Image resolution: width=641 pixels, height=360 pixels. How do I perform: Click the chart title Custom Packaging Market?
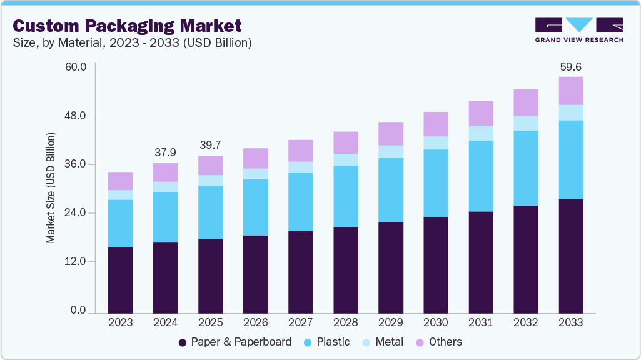click(127, 26)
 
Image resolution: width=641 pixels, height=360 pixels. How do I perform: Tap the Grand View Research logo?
click(578, 30)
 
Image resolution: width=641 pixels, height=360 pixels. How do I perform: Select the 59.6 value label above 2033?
click(570, 66)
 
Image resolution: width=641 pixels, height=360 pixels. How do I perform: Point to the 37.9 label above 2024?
click(165, 153)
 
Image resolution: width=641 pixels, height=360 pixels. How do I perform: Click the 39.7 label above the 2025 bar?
click(210, 146)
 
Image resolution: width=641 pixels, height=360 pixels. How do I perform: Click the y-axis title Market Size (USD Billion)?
click(51, 188)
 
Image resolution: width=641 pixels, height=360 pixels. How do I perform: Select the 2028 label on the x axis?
click(345, 322)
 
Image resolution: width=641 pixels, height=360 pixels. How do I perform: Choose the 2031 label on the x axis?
click(480, 322)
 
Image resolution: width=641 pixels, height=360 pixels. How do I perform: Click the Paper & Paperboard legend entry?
click(235, 342)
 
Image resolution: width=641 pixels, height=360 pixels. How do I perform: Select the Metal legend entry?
click(383, 342)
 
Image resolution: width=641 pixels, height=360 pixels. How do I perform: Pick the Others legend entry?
click(438, 342)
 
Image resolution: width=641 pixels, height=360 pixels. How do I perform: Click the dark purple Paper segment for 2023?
click(120, 280)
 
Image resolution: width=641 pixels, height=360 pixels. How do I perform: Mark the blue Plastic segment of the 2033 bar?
click(570, 159)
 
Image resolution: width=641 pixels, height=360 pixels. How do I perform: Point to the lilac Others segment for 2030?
click(435, 124)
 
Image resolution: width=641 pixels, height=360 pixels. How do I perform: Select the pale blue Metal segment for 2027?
click(300, 167)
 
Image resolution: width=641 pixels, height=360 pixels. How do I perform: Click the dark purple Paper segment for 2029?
click(390, 267)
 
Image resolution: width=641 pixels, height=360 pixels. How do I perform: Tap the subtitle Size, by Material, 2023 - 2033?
click(132, 43)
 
